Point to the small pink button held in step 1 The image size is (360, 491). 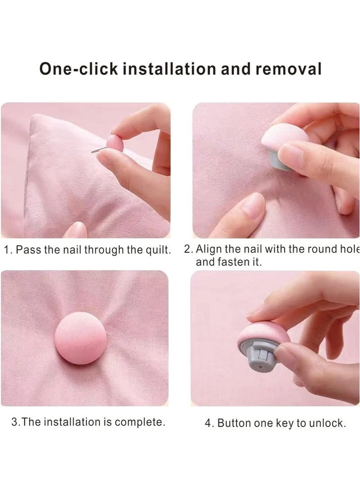(115, 143)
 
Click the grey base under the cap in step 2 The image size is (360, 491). (275, 158)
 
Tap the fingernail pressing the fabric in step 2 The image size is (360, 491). (253, 205)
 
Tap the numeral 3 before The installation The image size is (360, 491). (14, 422)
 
